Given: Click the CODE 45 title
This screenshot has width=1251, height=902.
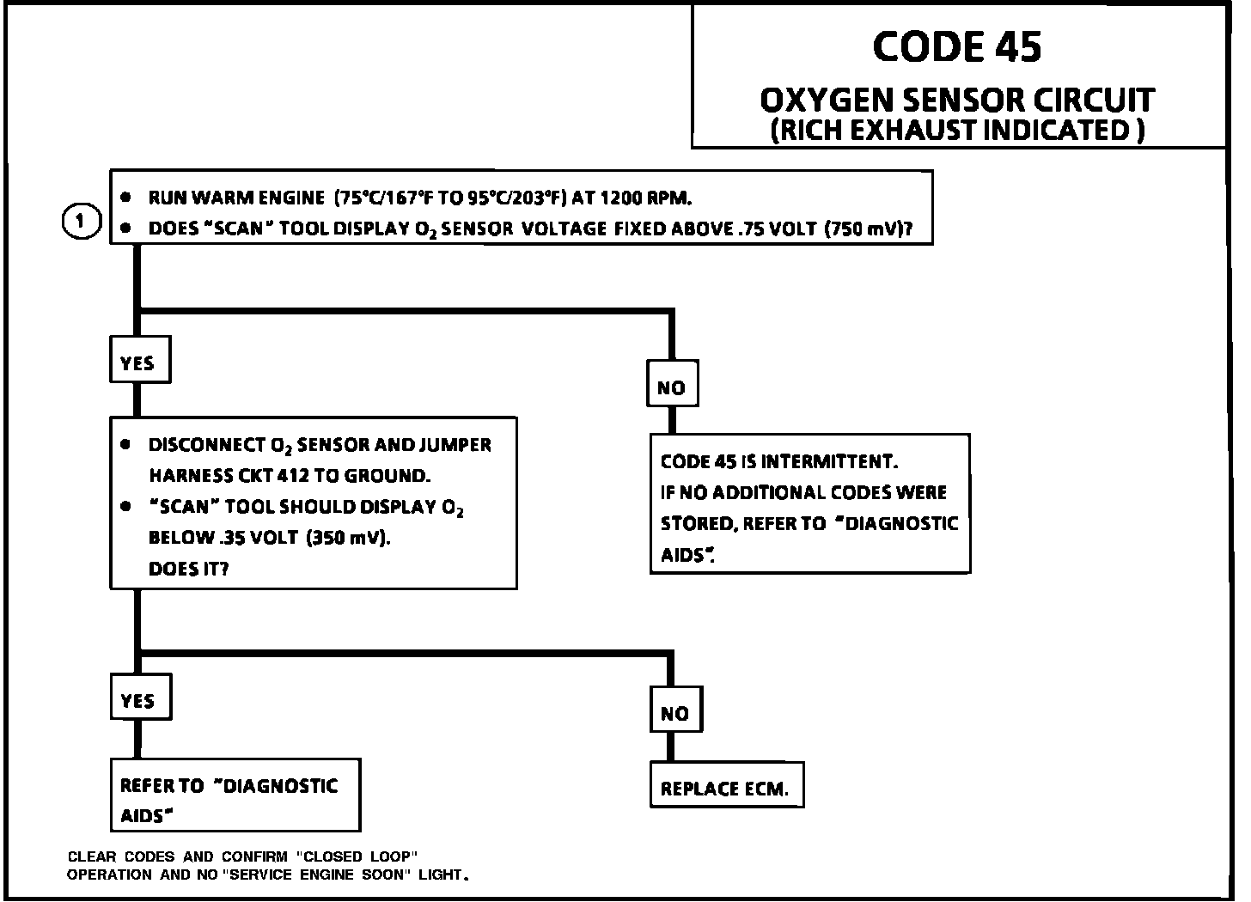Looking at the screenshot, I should (x=957, y=46).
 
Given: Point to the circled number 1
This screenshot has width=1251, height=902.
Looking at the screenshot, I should (x=81, y=222).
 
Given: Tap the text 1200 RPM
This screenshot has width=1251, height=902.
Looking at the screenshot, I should (x=644, y=198).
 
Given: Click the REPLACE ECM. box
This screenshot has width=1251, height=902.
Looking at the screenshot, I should (x=725, y=789).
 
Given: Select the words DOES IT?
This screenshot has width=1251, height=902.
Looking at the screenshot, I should (x=188, y=569).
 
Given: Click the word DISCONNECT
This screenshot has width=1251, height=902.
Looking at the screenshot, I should (x=206, y=445).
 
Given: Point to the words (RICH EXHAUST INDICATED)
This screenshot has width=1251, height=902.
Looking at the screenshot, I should (x=956, y=131).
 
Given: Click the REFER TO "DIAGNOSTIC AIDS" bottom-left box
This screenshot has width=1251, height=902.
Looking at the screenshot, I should (x=235, y=795).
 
